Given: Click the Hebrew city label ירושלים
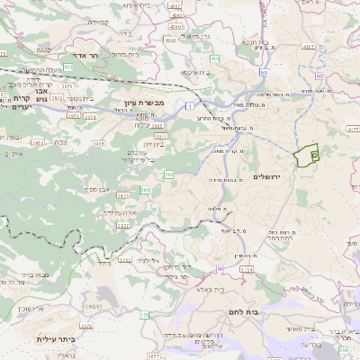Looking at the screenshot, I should tap(269, 177).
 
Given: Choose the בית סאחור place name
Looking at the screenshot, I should tap(304, 328).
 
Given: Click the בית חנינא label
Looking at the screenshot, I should tap(256, 41).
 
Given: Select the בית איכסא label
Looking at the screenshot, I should tap(197, 72).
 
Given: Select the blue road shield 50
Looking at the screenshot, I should tap(263, 71).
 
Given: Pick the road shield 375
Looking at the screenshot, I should tap(144, 315).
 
